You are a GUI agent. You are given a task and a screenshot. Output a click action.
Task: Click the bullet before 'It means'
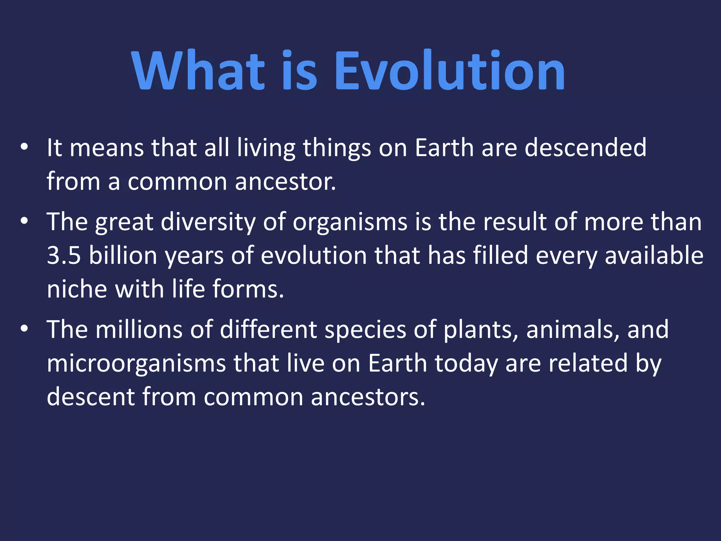24,147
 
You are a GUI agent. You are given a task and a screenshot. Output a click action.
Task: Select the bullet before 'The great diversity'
24,222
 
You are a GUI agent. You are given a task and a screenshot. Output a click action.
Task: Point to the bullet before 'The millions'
24,329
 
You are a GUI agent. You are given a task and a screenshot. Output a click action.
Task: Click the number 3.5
64,255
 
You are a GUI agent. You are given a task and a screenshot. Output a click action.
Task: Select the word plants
480,330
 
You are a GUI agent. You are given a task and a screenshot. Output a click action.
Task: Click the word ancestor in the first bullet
285,182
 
